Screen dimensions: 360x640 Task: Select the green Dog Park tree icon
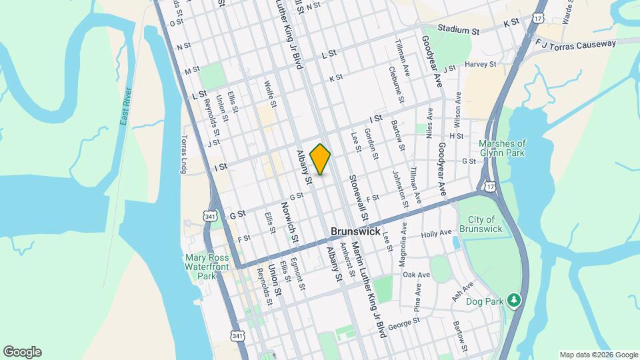pyautogui.click(x=513, y=300)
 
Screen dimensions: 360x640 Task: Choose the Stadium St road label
pyautogui.click(x=458, y=29)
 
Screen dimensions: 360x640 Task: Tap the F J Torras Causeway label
pyautogui.click(x=575, y=45)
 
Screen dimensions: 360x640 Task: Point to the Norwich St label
pyautogui.click(x=289, y=222)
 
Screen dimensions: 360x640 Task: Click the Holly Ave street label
pyautogui.click(x=437, y=234)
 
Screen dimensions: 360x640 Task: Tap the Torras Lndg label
pyautogui.click(x=185, y=155)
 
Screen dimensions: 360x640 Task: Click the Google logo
pyautogui.click(x=22, y=352)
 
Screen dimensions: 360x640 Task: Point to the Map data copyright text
pyautogui.click(x=598, y=355)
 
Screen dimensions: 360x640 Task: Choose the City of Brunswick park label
pyautogui.click(x=481, y=225)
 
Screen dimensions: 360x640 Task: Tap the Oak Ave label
pyautogui.click(x=416, y=275)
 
